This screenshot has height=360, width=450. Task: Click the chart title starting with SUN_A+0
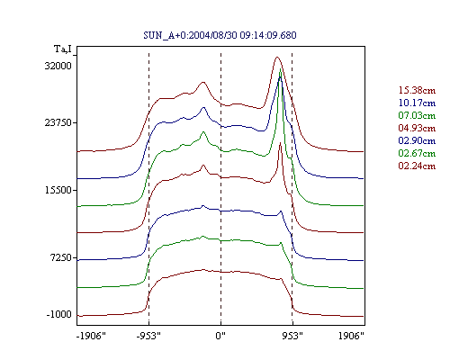[220, 35]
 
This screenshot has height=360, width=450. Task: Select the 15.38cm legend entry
[417, 90]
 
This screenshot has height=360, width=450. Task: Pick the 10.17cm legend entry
[417, 103]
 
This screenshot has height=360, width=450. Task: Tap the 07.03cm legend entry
[417, 115]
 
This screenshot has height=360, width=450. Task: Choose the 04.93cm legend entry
[417, 128]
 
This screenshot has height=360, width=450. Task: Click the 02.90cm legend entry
[417, 140]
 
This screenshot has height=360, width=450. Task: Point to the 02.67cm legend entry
[417, 153]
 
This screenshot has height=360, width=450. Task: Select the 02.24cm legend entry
[417, 166]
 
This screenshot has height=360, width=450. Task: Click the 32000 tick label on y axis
[58, 66]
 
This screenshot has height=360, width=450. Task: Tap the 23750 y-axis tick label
[58, 122]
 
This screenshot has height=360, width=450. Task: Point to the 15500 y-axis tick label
[58, 190]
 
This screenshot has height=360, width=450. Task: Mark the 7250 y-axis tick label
[60, 257]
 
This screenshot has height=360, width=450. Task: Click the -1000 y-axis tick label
[59, 314]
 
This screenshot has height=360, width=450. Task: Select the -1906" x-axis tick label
[91, 336]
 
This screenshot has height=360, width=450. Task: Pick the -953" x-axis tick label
[148, 336]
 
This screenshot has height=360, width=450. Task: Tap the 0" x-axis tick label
[220, 336]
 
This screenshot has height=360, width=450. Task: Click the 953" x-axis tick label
[292, 336]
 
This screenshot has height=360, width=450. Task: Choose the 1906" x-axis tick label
[351, 336]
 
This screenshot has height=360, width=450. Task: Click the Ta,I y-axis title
[63, 49]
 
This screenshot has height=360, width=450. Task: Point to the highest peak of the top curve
[277, 57]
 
